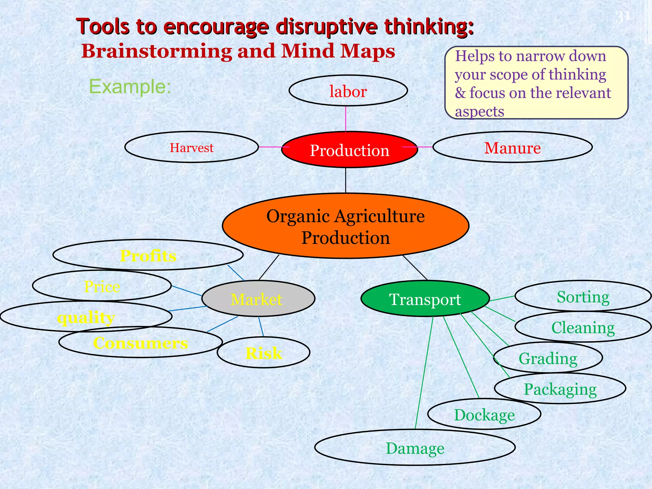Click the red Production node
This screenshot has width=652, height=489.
(x=349, y=150)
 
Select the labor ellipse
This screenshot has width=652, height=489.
(x=348, y=91)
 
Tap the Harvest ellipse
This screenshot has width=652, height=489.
(x=191, y=147)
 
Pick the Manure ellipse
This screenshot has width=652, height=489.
(x=512, y=147)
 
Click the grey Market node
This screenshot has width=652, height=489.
(x=258, y=299)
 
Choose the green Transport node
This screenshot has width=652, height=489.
(x=425, y=299)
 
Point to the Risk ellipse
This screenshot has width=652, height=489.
(x=264, y=353)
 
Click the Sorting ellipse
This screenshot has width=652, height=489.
(x=583, y=296)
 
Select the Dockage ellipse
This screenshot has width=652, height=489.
(x=484, y=414)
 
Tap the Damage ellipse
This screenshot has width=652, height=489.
(x=415, y=448)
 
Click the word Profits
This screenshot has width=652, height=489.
(x=148, y=256)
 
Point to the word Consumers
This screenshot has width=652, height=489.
(x=140, y=343)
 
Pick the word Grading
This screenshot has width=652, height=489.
(x=548, y=358)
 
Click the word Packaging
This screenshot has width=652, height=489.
(x=560, y=389)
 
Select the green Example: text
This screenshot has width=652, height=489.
(x=130, y=86)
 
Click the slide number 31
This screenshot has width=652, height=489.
(x=622, y=17)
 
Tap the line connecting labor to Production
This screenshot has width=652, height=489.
(x=346, y=118)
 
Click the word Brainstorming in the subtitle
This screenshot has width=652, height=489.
(x=157, y=51)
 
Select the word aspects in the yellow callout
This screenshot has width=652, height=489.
(x=479, y=111)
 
